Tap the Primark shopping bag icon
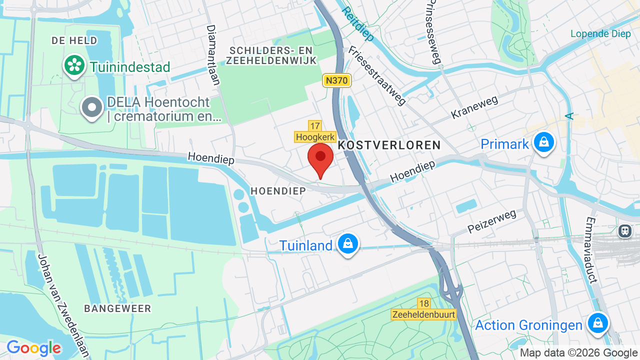(543, 142)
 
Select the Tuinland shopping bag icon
(347, 244)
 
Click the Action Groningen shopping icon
(597, 323)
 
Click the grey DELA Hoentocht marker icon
(92, 107)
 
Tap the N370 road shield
(337, 80)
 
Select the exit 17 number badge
(314, 126)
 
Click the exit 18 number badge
(424, 303)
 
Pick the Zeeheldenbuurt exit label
(424, 314)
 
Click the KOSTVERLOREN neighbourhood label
(389, 145)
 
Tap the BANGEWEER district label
(117, 308)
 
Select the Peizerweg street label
(492, 221)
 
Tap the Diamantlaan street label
(213, 55)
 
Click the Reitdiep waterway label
(358, 23)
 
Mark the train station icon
(624, 230)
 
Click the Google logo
(33, 348)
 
